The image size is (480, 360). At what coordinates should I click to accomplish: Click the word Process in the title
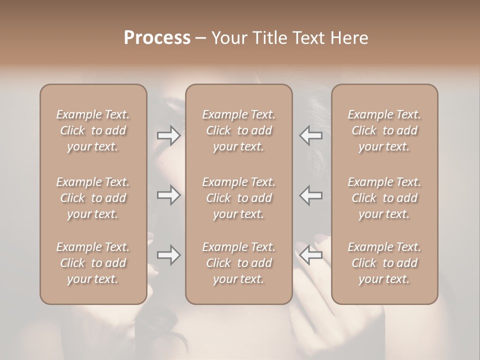[157, 38]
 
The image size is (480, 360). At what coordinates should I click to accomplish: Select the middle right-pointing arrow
[169, 195]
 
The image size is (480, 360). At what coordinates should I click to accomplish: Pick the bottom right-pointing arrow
[169, 255]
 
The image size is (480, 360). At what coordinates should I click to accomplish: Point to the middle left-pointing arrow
[310, 195]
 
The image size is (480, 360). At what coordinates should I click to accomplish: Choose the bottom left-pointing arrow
[310, 255]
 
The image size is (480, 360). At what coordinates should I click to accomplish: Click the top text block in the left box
[93, 130]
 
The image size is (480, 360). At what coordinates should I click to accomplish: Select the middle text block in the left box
[93, 198]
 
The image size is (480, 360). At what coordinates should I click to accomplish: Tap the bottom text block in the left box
[93, 263]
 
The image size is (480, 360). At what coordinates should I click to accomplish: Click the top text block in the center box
[239, 130]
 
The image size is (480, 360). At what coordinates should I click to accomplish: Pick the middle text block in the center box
[239, 198]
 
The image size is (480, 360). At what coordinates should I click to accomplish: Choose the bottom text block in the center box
[239, 263]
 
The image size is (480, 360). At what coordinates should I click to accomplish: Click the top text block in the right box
[384, 130]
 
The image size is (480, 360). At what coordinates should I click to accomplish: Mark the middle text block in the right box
[384, 198]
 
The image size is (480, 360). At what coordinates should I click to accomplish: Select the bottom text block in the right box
[384, 263]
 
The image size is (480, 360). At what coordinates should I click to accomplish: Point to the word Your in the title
[227, 38]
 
